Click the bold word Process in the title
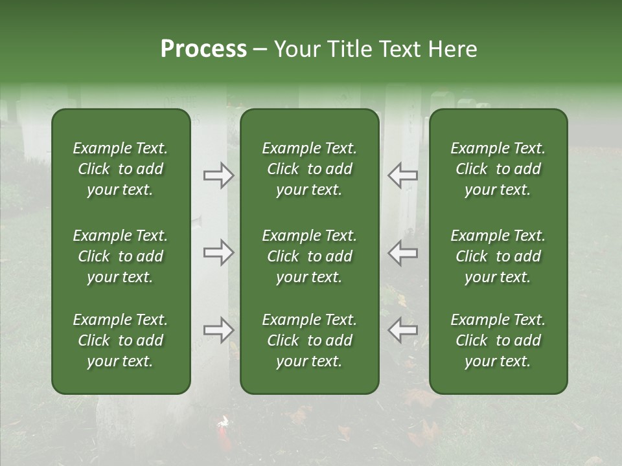203,49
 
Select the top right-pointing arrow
218,175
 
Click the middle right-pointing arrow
218,252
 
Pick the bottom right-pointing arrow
218,330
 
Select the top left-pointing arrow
402,175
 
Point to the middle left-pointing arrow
402,252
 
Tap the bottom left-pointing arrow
402,330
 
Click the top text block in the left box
121,169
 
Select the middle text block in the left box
121,256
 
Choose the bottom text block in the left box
121,340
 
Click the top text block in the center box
310,169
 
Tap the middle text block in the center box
310,256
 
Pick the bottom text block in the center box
310,340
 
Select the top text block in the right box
498,169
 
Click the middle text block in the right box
498,256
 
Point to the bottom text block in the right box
498,340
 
